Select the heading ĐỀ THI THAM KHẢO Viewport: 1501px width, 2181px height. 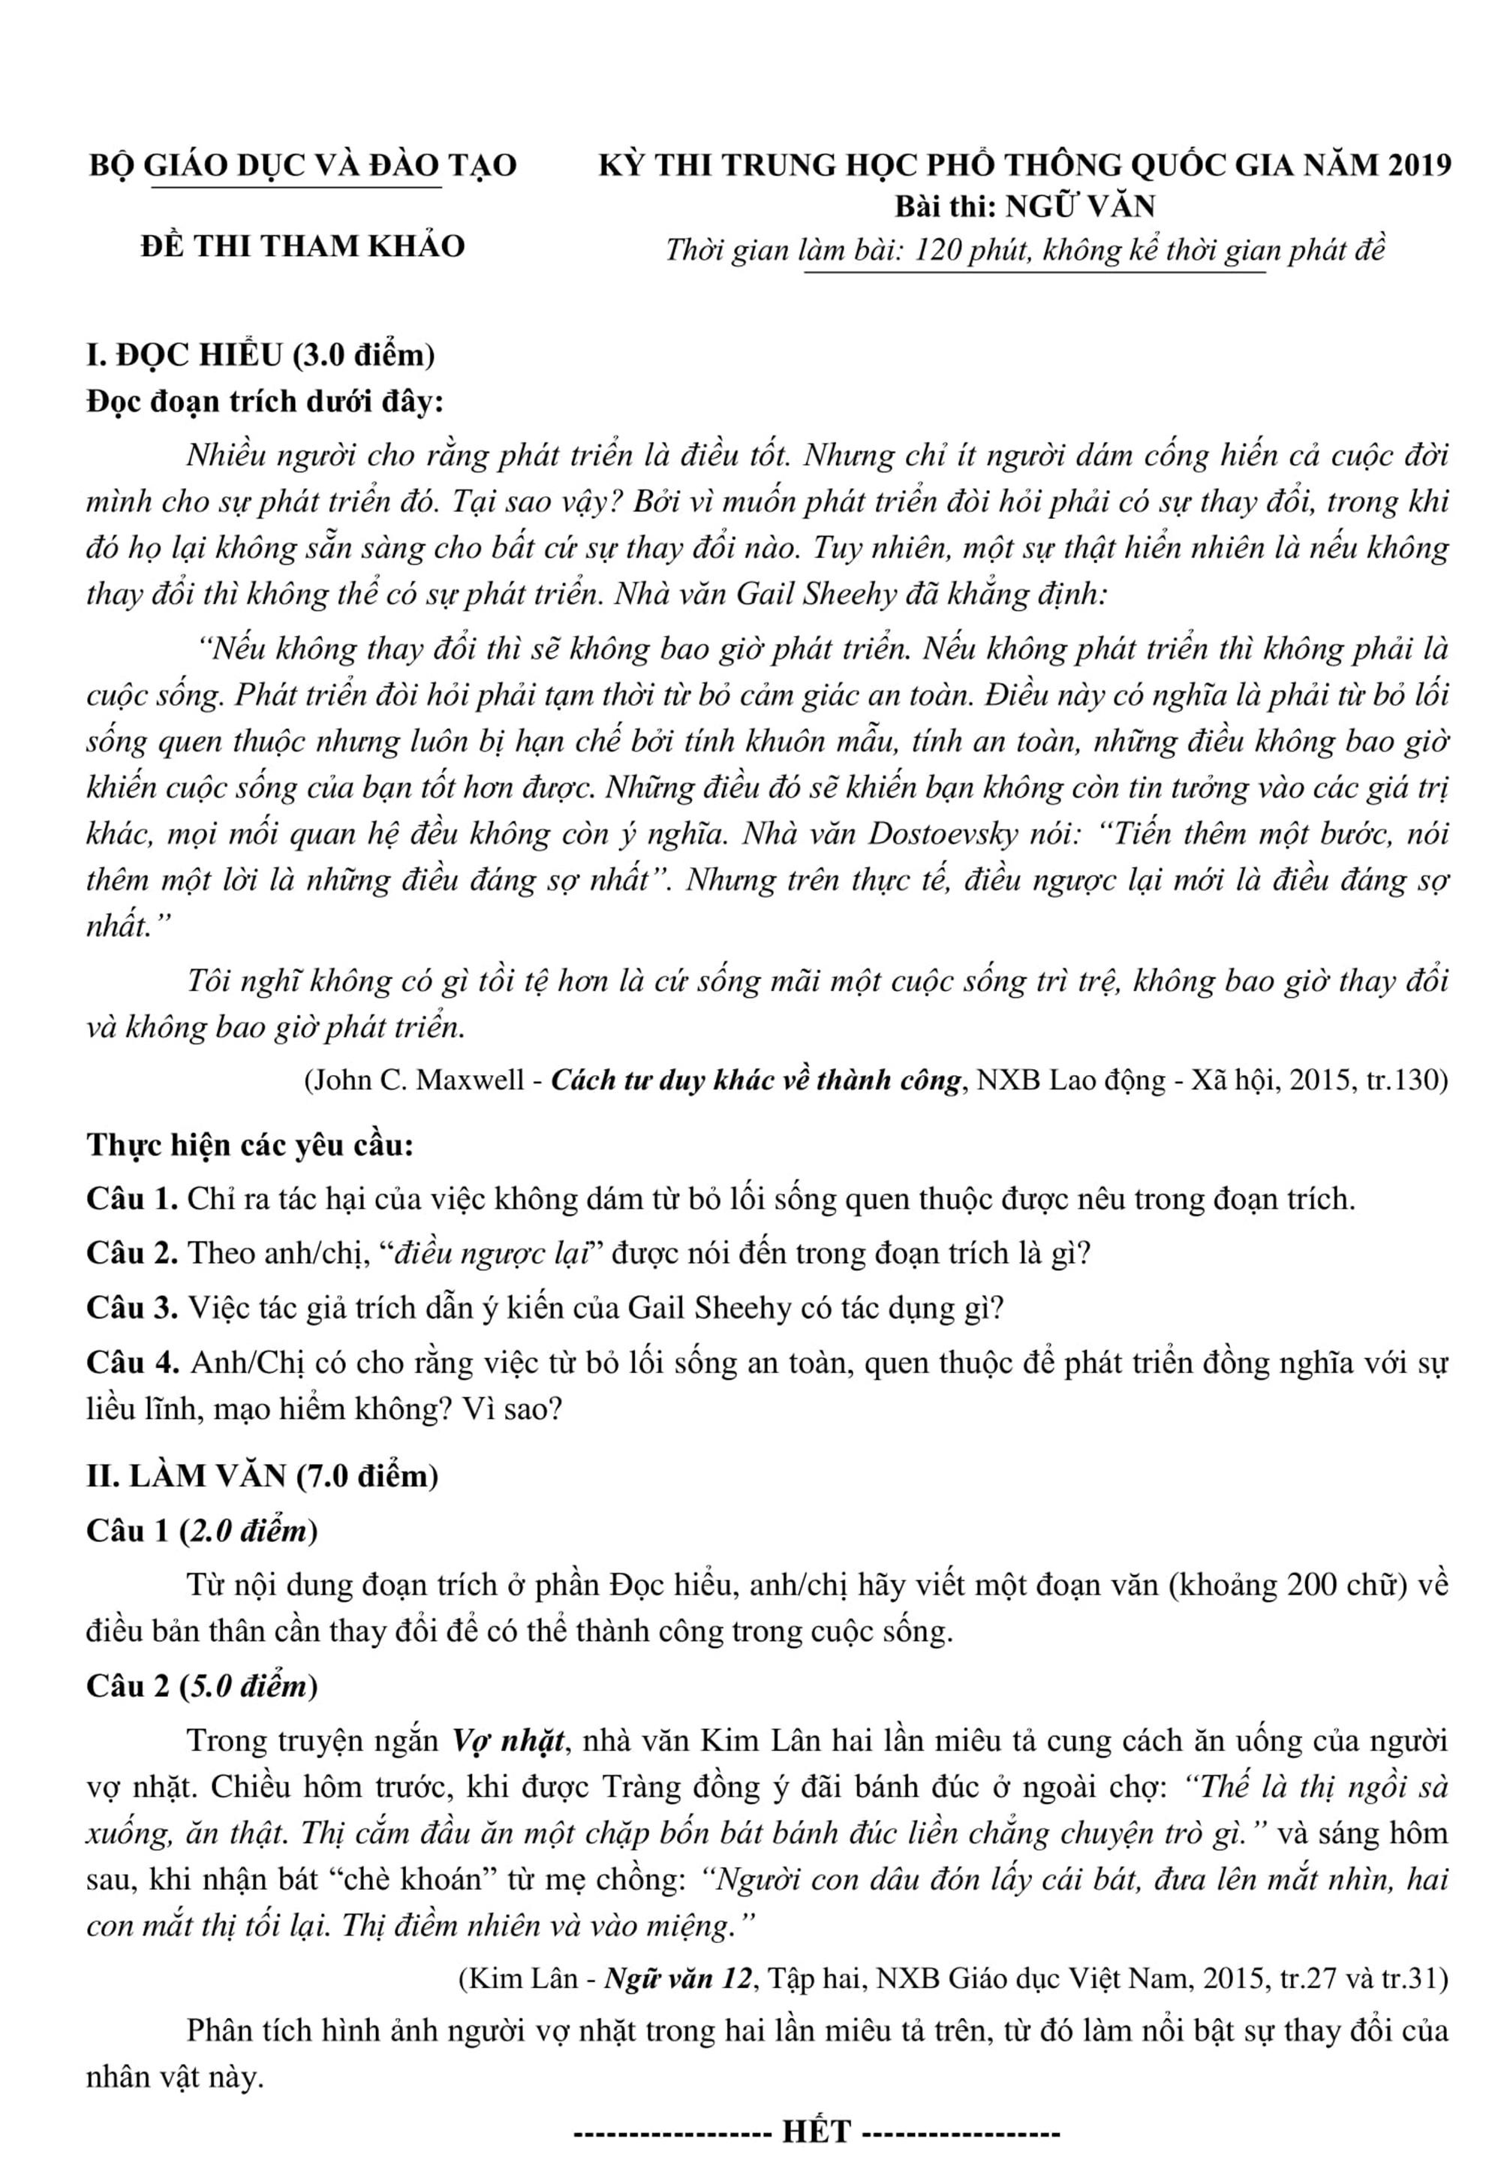[303, 246]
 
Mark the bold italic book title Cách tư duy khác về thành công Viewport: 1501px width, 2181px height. [757, 1079]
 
